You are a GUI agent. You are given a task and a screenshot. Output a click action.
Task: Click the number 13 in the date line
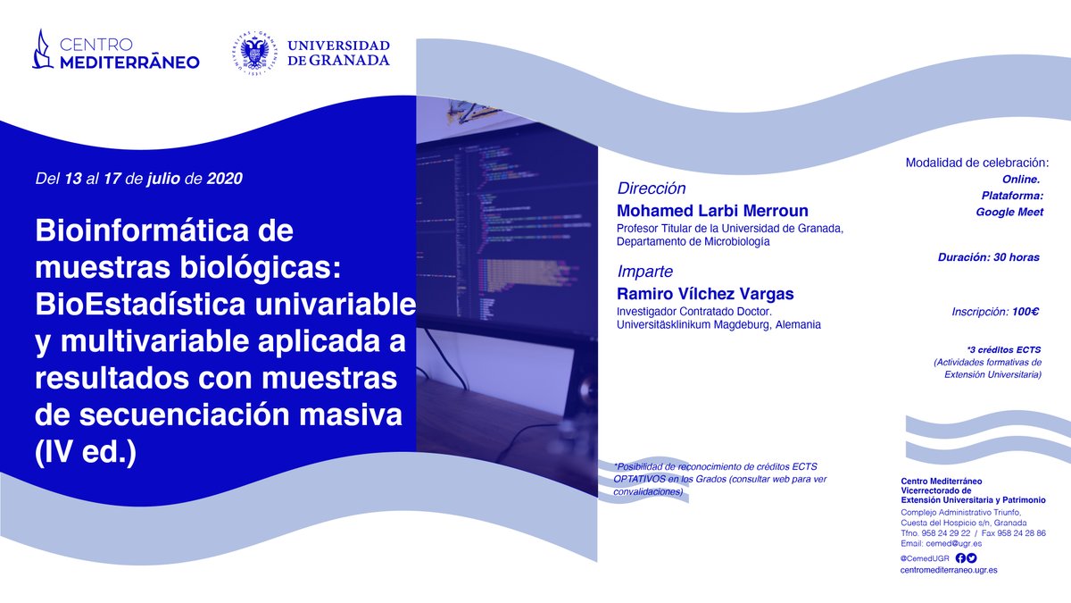73,177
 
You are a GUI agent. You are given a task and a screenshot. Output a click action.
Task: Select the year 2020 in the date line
224,177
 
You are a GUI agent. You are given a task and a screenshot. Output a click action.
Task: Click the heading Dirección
652,188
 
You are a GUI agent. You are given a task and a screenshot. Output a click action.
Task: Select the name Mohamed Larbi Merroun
712,211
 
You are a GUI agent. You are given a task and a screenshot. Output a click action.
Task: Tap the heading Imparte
644,272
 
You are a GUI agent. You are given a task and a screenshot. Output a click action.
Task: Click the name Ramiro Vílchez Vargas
703,293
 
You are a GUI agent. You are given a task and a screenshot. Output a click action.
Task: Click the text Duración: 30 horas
988,257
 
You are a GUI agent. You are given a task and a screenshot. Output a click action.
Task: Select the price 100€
1025,312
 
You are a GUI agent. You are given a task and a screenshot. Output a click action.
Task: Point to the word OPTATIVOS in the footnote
641,479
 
